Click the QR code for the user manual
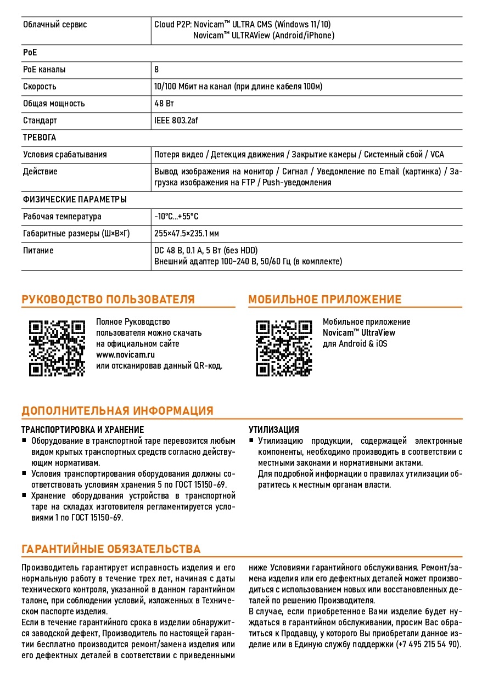tap(57, 348)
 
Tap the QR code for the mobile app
tap(284, 348)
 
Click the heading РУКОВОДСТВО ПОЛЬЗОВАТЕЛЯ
tap(108, 300)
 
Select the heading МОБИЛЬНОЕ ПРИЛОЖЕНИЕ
tap(324, 300)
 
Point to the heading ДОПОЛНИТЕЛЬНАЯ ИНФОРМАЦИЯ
tap(117, 411)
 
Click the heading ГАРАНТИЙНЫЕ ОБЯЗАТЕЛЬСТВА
tap(111, 549)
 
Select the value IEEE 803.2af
tap(176, 121)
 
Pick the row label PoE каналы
tap(44, 70)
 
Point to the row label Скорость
tap(40, 87)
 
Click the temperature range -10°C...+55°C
tap(176, 217)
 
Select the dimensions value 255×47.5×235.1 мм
tap(186, 234)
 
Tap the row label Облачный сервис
tap(55, 25)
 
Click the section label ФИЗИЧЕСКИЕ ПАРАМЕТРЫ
tap(75, 199)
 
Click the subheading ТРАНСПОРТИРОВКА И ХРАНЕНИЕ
tap(82, 430)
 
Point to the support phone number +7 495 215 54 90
tap(428, 645)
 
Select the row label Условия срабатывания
tap(65, 155)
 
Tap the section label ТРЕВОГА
tap(40, 138)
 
